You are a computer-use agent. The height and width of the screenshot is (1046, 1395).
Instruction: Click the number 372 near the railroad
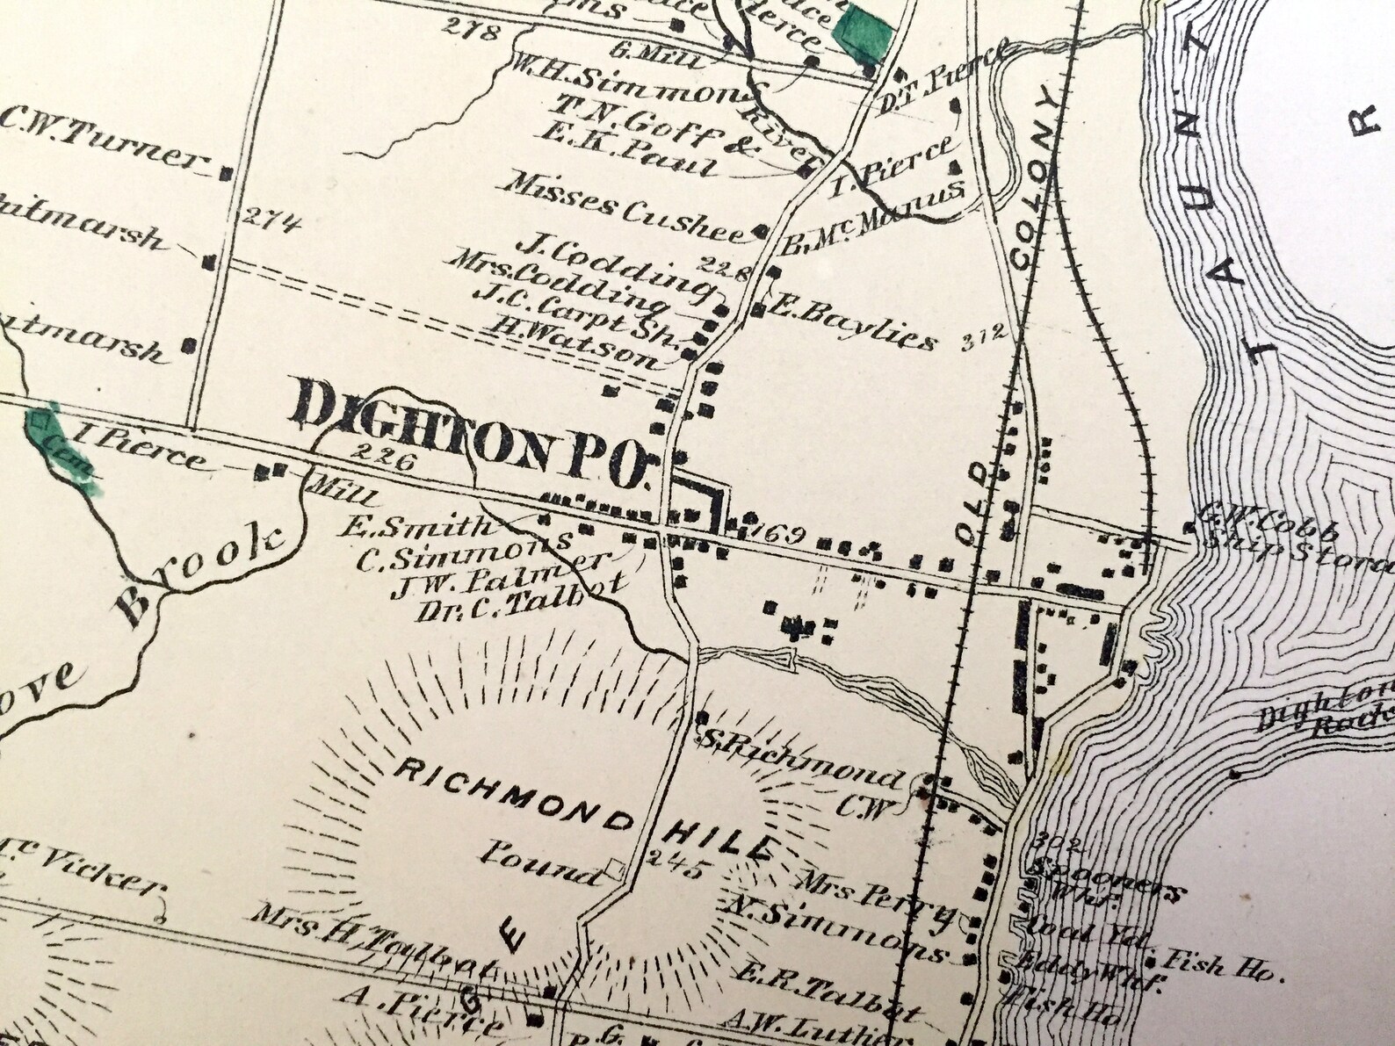click(x=981, y=335)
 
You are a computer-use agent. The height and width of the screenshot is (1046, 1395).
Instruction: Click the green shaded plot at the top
click(x=863, y=31)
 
